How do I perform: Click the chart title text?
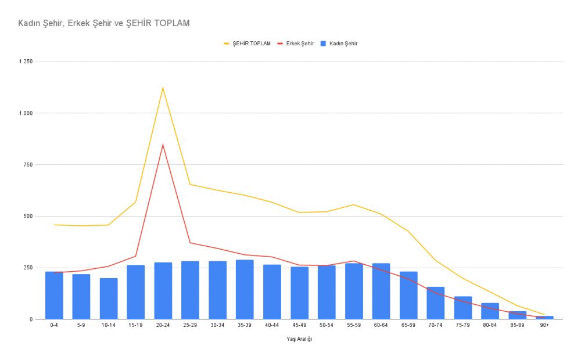[103, 23]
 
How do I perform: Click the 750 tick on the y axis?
[28, 165]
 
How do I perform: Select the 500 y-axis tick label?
[28, 216]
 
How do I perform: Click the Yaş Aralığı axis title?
[299, 340]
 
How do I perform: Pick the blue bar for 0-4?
[54, 296]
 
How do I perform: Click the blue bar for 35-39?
[245, 290]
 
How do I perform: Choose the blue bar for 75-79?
[463, 308]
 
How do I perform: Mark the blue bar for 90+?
[544, 318]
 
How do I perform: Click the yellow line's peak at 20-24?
[163, 88]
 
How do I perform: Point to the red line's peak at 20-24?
[163, 145]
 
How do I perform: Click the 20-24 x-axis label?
[163, 325]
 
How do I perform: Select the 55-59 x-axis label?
[354, 325]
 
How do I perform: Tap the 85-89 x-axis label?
[517, 325]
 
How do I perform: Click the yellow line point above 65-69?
[408, 231]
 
